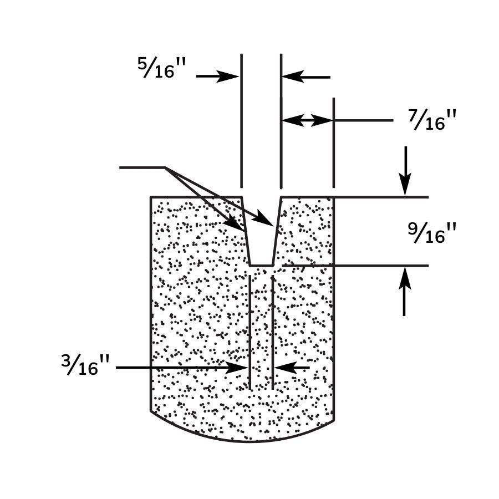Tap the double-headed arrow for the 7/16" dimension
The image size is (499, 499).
coord(307,120)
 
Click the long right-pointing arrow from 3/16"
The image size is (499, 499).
coord(177,367)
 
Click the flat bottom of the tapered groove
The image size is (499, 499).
coord(261,266)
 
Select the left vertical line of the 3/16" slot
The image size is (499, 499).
coord(250,333)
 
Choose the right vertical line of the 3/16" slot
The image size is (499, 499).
coord(272,333)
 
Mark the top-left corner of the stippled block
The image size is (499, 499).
coord(151,197)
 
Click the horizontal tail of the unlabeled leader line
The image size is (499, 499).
coord(142,167)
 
